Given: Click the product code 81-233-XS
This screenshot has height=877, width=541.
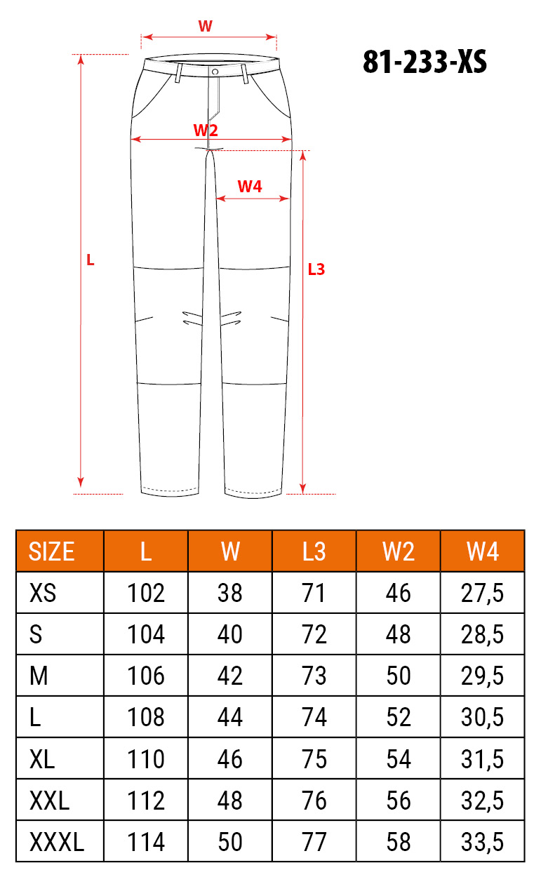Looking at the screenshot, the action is point(425,62).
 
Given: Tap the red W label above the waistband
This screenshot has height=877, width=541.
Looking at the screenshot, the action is point(206,26).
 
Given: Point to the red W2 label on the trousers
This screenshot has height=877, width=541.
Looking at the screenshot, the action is point(206,130).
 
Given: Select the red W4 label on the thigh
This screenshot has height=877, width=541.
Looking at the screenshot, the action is point(250,187).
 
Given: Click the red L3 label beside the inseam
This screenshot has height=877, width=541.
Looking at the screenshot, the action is point(316,269).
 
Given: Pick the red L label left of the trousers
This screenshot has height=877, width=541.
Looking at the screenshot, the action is point(90,260).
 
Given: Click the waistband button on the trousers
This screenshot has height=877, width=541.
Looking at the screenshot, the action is point(215,72).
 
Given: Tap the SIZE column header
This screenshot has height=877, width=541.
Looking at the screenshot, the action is point(51,551).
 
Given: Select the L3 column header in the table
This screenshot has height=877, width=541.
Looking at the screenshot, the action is point(314,551).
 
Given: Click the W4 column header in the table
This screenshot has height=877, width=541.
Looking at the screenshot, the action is point(482,551).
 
